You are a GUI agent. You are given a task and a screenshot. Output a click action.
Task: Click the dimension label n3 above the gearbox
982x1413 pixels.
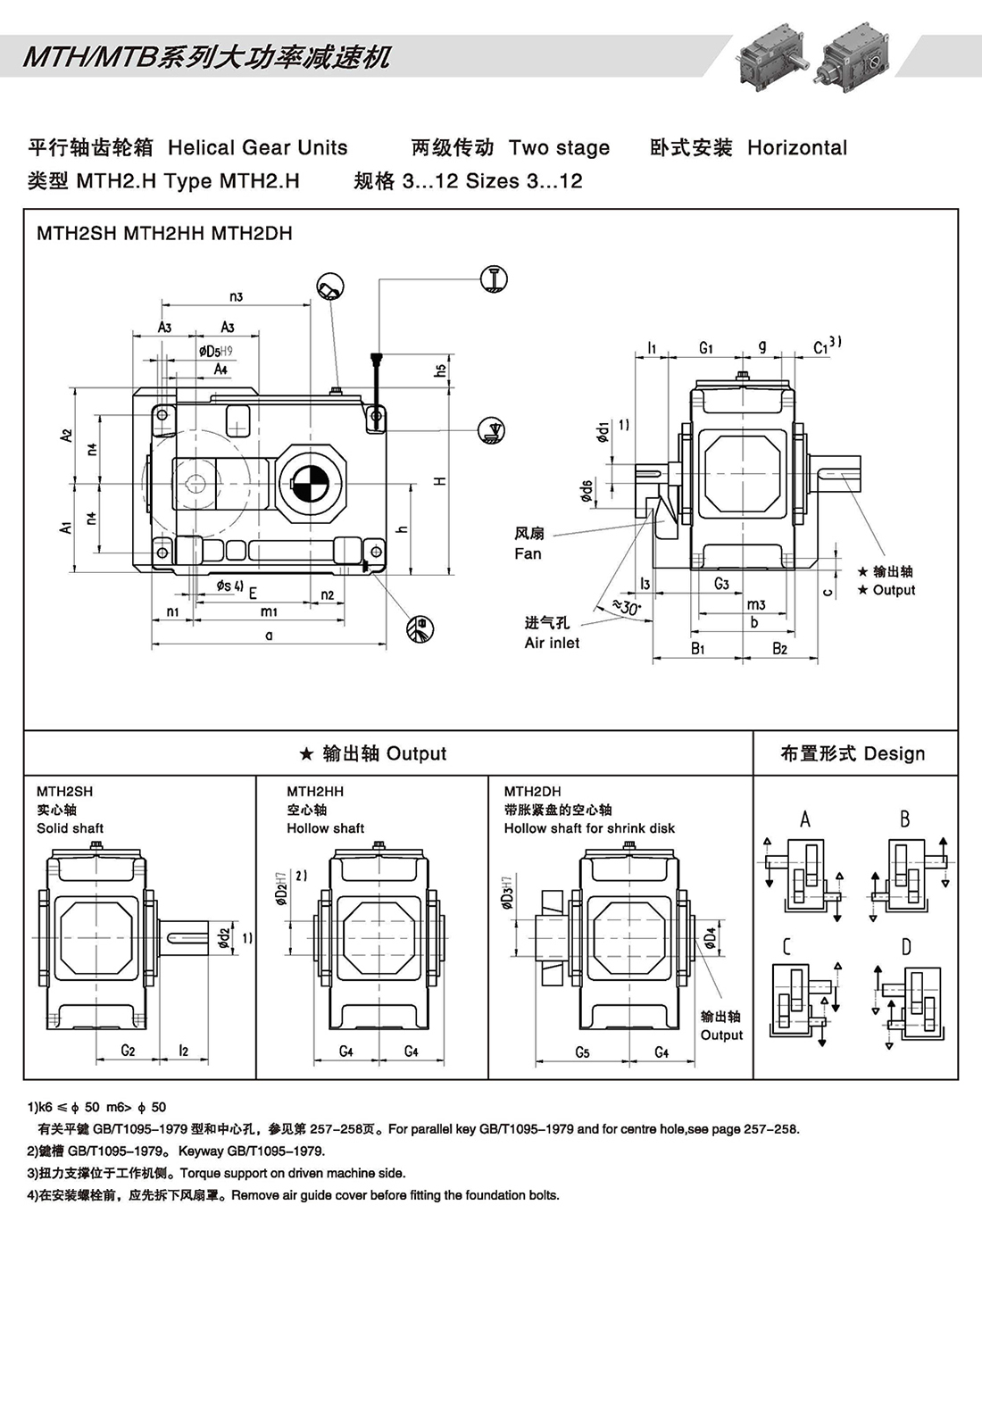pyautogui.click(x=236, y=296)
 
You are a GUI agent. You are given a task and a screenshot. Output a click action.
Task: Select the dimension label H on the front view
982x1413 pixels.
pyautogui.click(x=440, y=481)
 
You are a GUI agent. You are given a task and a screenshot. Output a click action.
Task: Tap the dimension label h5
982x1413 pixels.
pyautogui.click(x=440, y=369)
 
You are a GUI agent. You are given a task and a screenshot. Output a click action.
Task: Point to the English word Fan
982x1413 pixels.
pyautogui.click(x=528, y=553)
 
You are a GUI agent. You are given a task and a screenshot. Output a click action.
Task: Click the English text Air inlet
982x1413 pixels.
pyautogui.click(x=552, y=643)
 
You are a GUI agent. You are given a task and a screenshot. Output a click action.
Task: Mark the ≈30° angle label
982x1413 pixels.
pyautogui.click(x=627, y=608)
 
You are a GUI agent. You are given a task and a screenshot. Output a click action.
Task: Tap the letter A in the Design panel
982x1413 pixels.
pyautogui.click(x=805, y=819)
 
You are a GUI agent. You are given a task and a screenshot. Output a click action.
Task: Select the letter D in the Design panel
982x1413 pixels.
pyautogui.click(x=906, y=947)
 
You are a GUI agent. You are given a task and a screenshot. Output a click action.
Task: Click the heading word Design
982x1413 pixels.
pyautogui.click(x=895, y=754)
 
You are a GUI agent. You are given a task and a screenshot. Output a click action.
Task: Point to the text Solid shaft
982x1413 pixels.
pyautogui.click(x=70, y=828)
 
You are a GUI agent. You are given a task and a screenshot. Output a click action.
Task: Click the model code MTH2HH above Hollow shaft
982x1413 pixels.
pyautogui.click(x=314, y=792)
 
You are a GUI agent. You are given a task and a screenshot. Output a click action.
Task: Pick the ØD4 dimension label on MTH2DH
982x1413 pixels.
pyautogui.click(x=710, y=937)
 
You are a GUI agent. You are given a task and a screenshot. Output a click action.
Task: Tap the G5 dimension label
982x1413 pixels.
pyautogui.click(x=582, y=1052)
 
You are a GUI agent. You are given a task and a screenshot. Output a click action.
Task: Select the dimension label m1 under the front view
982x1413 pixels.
pyautogui.click(x=269, y=611)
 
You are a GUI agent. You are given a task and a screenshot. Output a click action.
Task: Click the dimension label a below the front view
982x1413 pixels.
pyautogui.click(x=269, y=636)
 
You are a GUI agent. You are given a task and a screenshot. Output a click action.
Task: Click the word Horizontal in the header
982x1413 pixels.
pyautogui.click(x=797, y=148)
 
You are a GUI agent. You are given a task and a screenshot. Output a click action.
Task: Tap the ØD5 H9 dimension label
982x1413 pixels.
pyautogui.click(x=215, y=351)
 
